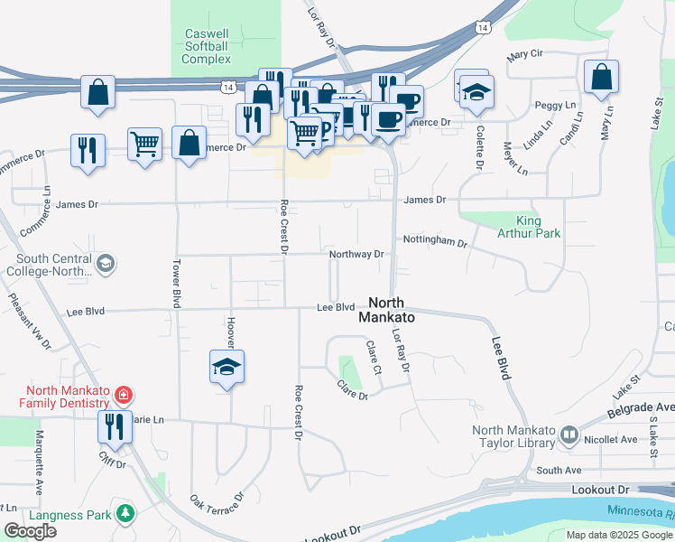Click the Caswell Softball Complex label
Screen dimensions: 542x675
pos(207,46)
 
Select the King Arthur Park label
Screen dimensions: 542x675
pos(538,227)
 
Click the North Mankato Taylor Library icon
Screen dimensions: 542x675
pos(569,435)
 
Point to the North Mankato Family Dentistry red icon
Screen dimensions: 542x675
pos(124,396)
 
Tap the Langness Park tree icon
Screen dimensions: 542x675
pos(125,515)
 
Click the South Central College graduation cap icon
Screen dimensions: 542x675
pos(105,264)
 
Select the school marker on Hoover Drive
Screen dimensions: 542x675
pos(227,367)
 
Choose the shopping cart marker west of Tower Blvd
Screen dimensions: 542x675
pos(144,143)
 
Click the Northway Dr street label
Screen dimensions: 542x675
pos(356,255)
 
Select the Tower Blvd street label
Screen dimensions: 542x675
pos(176,283)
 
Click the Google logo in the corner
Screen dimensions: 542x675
pos(30,531)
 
